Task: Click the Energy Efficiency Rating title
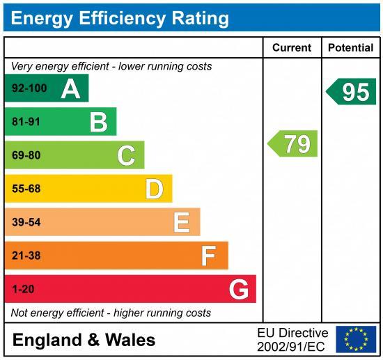point(119,17)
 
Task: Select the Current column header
point(291,48)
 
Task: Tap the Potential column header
point(350,48)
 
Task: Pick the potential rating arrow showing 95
point(352,92)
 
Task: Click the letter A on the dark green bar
point(70,88)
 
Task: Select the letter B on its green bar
point(98,123)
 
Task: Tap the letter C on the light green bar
point(126,155)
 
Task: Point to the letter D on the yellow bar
point(154,189)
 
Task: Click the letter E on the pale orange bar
point(181,222)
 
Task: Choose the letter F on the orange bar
point(208,256)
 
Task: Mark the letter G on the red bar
point(239,289)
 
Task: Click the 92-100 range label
point(29,88)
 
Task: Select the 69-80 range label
point(26,155)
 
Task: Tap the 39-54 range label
point(26,222)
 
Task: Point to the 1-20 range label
point(22,289)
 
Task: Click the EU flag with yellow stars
point(356,339)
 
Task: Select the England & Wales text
point(84,341)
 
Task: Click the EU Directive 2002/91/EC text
point(292,340)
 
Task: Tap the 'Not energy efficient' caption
point(111,313)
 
